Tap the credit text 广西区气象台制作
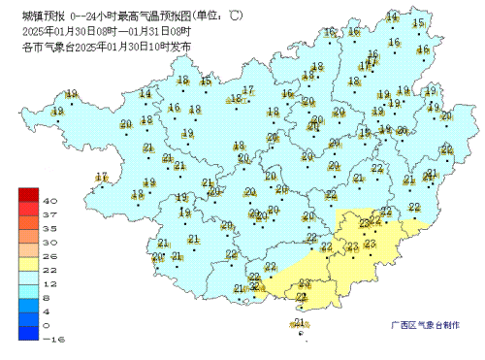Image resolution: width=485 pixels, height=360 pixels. [x=425, y=326]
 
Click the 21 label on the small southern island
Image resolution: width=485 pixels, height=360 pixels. [x=300, y=322]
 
